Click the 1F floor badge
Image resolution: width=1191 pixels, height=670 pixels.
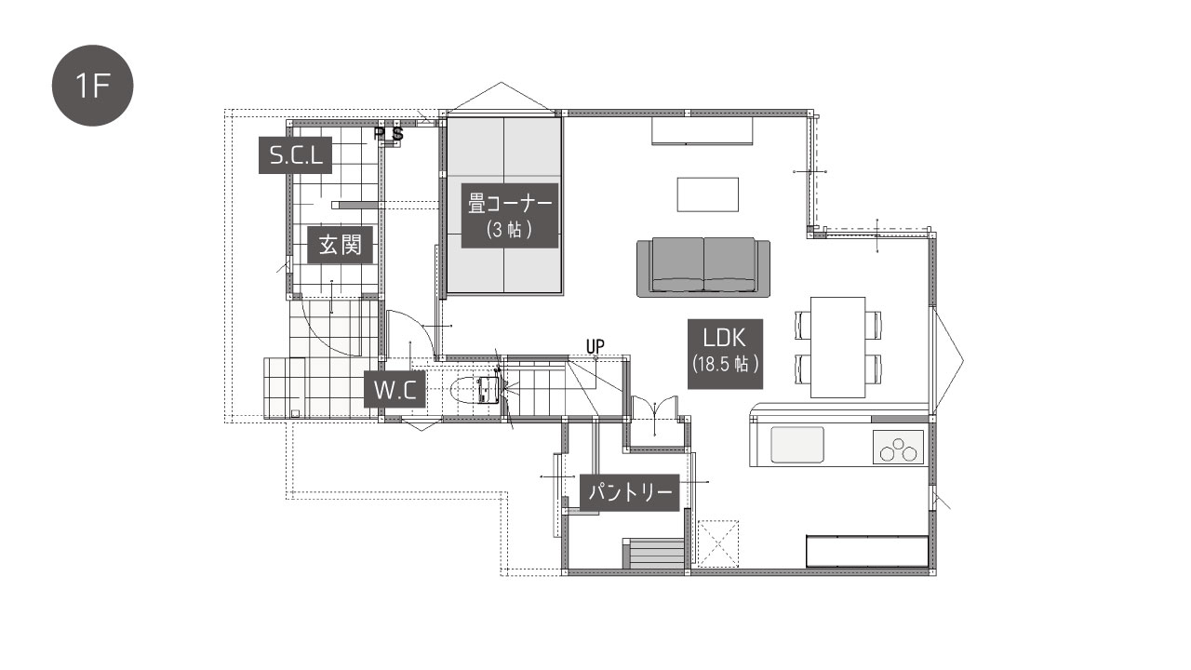pos(92,86)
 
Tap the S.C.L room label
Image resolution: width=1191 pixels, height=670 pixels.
pos(295,155)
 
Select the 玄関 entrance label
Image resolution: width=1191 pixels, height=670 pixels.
pos(340,245)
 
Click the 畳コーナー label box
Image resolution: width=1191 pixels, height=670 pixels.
pos(509,215)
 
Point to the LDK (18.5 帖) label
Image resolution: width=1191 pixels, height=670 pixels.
pos(725,354)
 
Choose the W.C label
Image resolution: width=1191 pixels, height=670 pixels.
pos(395,390)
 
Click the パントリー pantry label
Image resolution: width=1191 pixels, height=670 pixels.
pos(630,493)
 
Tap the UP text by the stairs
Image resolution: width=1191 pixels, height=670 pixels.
pos(595,346)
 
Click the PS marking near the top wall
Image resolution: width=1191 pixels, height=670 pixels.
pos(389,133)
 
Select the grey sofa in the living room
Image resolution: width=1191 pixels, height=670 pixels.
pos(703,267)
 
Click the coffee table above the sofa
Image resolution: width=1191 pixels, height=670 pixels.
pos(707,194)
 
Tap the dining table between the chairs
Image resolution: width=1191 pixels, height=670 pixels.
pos(838,347)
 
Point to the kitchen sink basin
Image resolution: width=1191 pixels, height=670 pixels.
pos(797,445)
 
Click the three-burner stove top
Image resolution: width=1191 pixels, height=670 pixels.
pos(898,448)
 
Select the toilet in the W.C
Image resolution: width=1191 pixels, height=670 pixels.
pos(475,391)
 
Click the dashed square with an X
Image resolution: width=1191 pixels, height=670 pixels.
pos(717,543)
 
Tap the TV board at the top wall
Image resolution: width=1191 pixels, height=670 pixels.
pos(703,131)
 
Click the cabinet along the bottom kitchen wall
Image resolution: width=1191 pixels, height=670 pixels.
pos(867,552)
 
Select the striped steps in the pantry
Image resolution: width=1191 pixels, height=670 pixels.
pos(653,554)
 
